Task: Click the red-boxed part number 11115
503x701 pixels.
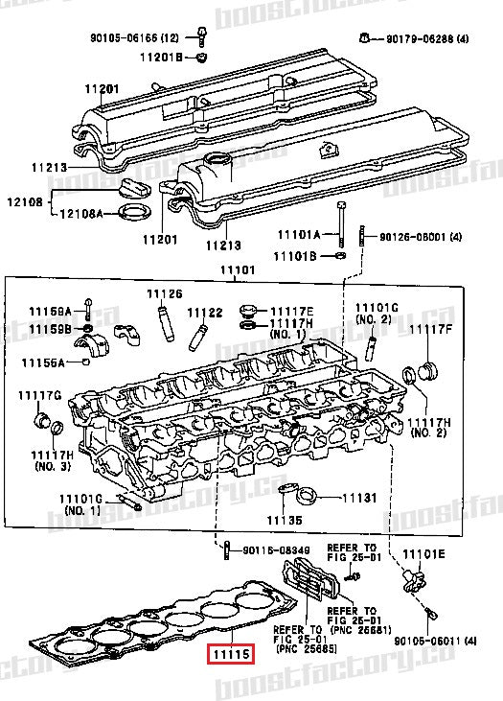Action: point(230,655)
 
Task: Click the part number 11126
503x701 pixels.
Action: point(163,292)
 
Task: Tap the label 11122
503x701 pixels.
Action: point(204,312)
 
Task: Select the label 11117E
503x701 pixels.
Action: point(291,312)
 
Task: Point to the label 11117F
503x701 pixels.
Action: point(430,329)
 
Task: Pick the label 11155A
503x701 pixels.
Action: point(45,362)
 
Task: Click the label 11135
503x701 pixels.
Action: point(284,520)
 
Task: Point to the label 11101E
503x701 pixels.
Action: point(423,553)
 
